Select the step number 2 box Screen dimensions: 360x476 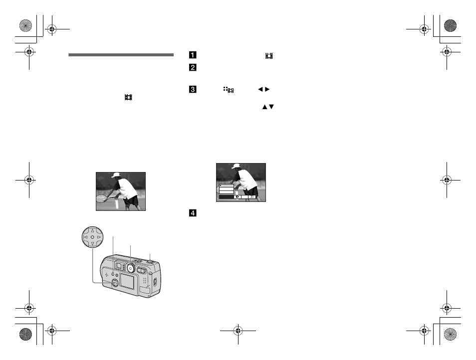coord(192,67)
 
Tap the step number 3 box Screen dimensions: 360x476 coord(192,90)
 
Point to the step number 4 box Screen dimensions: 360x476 coord(192,213)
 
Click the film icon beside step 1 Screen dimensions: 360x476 coord(269,56)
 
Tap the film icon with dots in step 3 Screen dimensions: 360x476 coord(229,90)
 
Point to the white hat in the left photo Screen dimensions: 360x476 coord(116,176)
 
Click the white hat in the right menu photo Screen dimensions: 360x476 coord(235,167)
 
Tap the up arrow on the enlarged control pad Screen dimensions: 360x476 coord(92,230)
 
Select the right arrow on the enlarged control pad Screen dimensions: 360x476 coord(99,237)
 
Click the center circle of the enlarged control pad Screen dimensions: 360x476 coord(92,237)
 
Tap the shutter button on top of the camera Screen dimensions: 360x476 coord(150,260)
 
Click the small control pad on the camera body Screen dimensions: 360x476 coord(115,283)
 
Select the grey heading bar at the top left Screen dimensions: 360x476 coord(121,54)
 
